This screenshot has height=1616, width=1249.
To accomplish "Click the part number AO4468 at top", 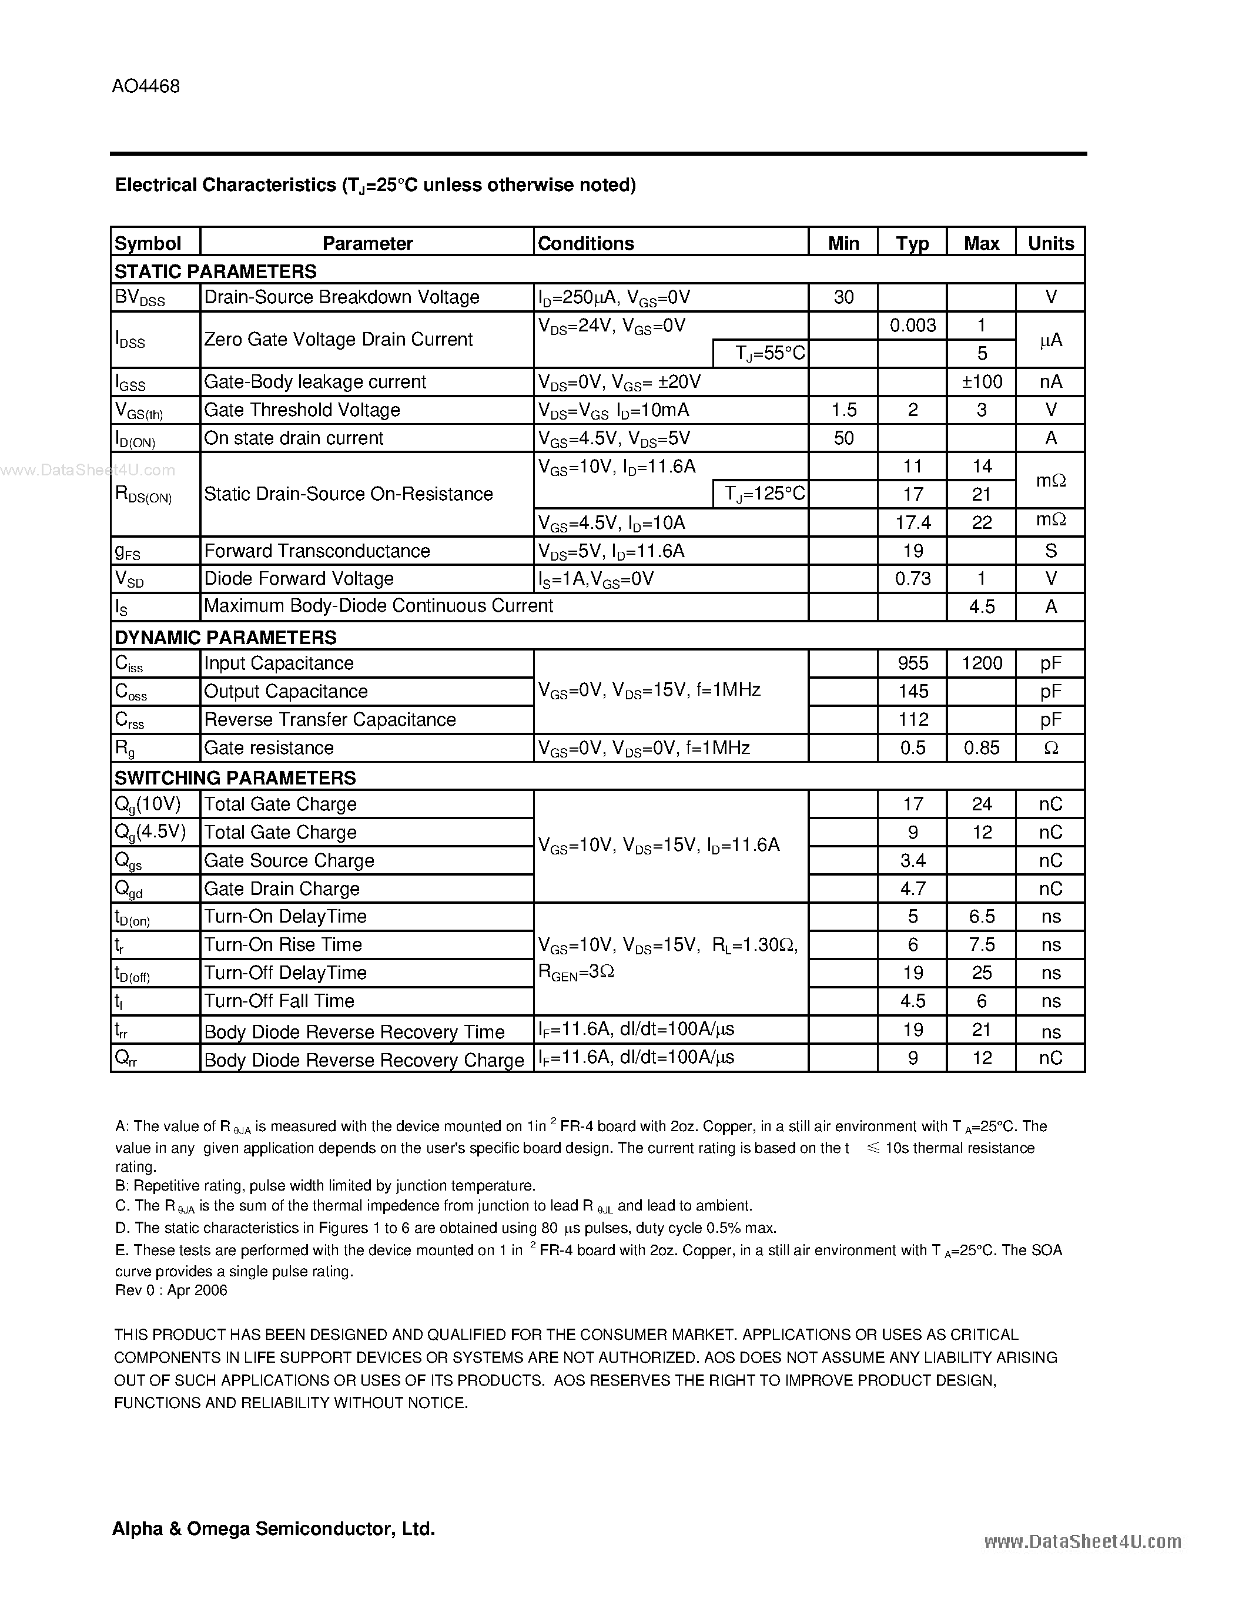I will [146, 86].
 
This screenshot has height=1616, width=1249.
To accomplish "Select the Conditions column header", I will [585, 243].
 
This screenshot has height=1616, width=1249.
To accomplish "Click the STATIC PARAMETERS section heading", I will [215, 271].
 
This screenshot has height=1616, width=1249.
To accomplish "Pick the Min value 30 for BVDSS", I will [843, 297].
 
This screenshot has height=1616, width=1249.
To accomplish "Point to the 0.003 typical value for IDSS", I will [912, 326].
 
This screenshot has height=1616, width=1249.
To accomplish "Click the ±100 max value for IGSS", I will [981, 382].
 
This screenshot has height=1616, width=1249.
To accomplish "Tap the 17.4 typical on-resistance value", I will [912, 522].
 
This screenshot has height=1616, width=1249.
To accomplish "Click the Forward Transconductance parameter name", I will [317, 551].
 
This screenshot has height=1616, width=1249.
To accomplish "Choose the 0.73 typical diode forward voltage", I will [912, 579].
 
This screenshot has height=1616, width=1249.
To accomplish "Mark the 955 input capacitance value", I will [912, 663].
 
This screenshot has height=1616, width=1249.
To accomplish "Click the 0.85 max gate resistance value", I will [981, 748].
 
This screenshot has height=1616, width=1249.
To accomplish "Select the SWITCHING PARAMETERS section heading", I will [235, 777].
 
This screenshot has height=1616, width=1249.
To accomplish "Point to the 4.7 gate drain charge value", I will [912, 889].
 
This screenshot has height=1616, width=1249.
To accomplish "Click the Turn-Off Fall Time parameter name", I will [279, 1001].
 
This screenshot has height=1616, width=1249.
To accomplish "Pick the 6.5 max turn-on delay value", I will [981, 917].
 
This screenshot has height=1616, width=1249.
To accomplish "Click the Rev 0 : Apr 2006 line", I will [171, 1290].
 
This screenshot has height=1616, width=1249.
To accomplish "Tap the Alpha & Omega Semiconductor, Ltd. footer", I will [273, 1528].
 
